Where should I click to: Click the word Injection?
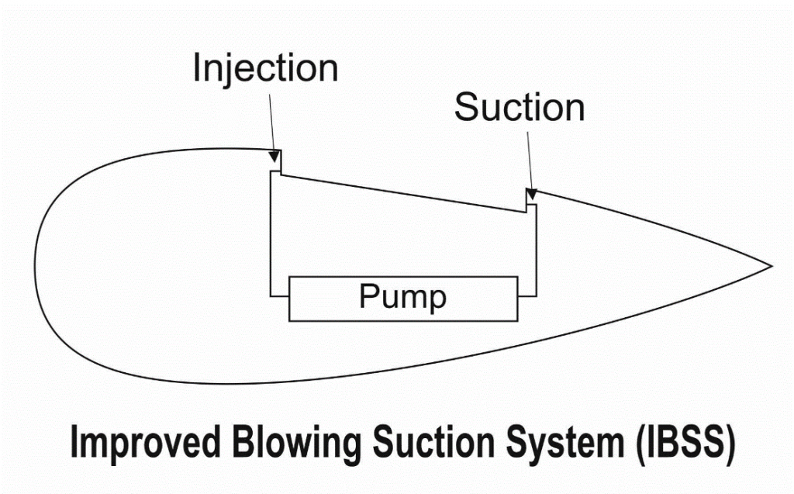coord(266,68)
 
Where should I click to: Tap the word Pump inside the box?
coord(403,297)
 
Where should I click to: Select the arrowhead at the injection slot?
coord(274,156)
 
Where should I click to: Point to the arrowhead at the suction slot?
coord(530,194)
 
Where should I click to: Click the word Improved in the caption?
coord(145,442)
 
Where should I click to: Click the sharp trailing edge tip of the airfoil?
coord(772,265)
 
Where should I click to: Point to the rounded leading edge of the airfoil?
coord(36,264)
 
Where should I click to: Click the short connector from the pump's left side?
coord(279,295)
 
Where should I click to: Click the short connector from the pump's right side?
coord(526,295)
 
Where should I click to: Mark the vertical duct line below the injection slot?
coord(271,233)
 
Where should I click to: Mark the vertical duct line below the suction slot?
coord(536,250)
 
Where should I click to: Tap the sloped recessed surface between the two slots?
coord(403,194)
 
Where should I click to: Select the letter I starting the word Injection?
coord(196,67)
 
